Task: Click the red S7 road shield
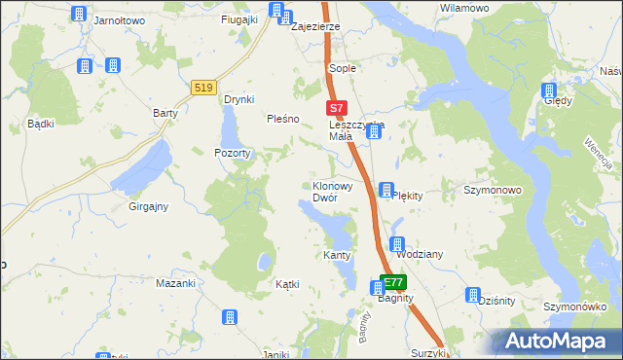coord(335,109)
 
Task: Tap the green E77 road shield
coord(394,283)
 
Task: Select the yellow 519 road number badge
coord(203,87)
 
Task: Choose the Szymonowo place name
coord(493,191)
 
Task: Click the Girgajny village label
coord(149,206)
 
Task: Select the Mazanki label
coord(176,283)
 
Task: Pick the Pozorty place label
coord(234,154)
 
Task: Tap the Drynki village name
coord(238,99)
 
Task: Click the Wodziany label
coord(420,254)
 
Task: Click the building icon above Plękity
coord(386,189)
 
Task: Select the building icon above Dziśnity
coord(474,295)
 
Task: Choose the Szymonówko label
coord(581,306)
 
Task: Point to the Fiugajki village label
coord(238,18)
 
